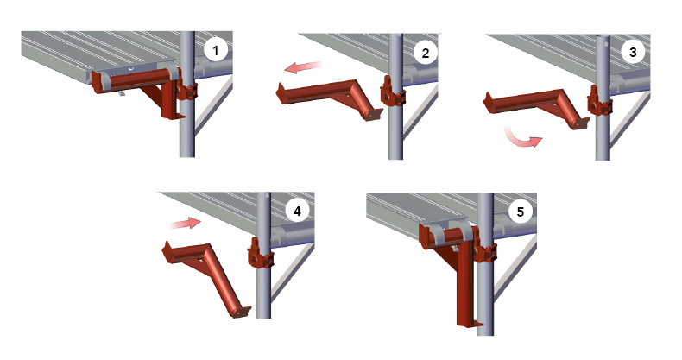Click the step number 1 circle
[215, 51]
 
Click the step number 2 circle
[425, 53]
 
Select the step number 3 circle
[633, 52]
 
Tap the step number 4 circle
[297, 212]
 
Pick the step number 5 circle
[521, 212]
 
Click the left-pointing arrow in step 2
[304, 67]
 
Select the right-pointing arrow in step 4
[186, 224]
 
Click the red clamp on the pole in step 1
[186, 91]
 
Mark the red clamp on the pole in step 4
[260, 257]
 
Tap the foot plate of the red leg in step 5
[471, 324]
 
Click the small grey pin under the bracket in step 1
[122, 92]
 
